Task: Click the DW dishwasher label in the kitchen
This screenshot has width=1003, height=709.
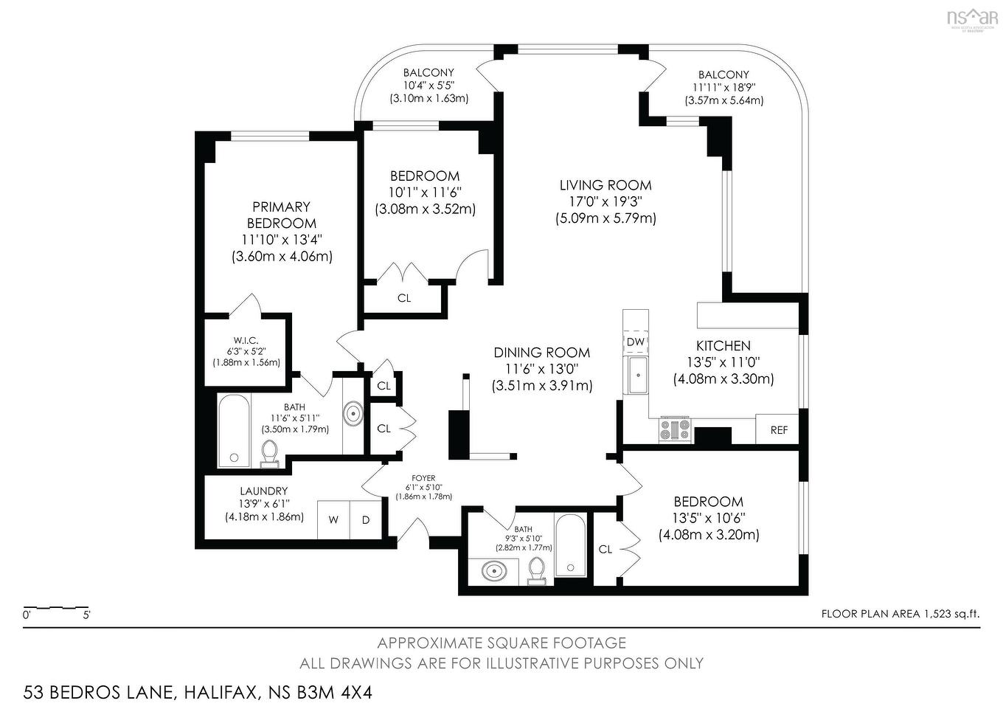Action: (x=635, y=342)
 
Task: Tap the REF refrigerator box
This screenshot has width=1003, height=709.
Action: (x=778, y=429)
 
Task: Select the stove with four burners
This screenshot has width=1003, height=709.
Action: (x=675, y=429)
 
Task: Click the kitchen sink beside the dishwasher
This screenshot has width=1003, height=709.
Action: (x=636, y=375)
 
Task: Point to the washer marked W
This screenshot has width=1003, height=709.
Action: (x=333, y=519)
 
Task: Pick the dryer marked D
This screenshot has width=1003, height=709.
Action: (x=365, y=519)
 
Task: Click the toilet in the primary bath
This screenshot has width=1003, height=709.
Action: (x=270, y=454)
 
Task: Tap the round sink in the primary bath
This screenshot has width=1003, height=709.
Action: (x=354, y=414)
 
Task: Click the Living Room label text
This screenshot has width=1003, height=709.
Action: (x=605, y=185)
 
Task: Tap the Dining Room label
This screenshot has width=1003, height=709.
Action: (x=542, y=353)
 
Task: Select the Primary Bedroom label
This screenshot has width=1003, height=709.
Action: (x=281, y=215)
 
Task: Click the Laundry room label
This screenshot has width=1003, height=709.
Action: (x=263, y=491)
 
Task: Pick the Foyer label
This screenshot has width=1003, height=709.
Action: (x=423, y=478)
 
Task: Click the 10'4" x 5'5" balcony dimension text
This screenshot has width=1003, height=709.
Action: (x=428, y=86)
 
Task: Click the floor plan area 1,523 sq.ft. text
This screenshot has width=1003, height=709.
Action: (x=900, y=613)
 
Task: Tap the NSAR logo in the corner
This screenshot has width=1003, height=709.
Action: (x=971, y=17)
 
